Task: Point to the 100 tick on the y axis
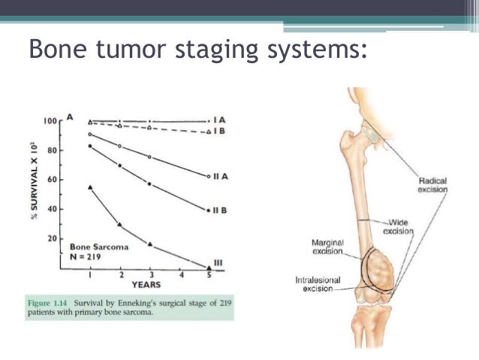(50, 120)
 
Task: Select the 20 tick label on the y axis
(53, 238)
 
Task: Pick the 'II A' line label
(219, 177)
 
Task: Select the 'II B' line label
(219, 209)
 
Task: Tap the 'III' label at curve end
(219, 262)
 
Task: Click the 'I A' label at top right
(218, 120)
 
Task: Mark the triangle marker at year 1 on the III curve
(90, 186)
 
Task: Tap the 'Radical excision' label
(432, 185)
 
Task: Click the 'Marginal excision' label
(328, 247)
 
